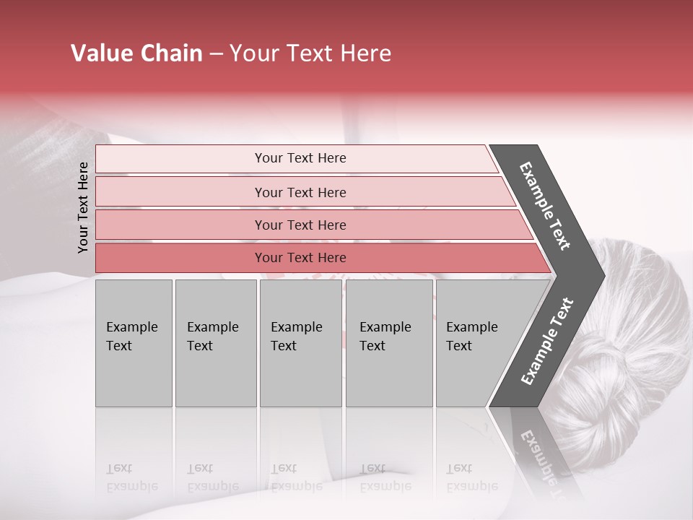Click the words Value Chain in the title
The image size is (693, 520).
136,53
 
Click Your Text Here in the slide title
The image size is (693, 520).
310,53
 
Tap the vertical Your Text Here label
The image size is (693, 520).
83,207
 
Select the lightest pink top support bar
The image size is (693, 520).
300,158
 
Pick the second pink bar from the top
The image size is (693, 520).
300,192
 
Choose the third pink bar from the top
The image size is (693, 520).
300,225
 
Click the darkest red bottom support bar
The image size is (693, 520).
300,258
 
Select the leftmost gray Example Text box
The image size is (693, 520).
134,343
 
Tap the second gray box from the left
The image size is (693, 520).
215,343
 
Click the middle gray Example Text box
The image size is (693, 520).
300,343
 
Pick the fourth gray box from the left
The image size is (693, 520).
389,343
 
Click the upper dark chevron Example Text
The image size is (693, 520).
546,206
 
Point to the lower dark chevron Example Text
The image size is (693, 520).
547,342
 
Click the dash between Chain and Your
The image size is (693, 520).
216,54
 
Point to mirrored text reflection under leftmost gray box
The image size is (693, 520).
132,477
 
